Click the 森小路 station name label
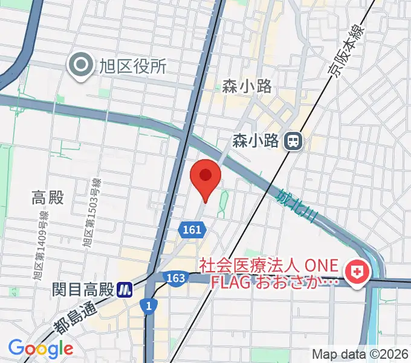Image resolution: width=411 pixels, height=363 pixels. [256, 142]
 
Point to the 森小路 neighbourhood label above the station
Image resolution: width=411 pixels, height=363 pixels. [247, 87]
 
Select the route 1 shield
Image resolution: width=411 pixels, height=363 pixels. [148, 306]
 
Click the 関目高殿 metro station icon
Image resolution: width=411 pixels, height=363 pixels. [125, 289]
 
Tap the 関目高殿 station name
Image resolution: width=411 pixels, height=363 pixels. [83, 289]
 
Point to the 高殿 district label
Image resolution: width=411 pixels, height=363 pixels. [48, 198]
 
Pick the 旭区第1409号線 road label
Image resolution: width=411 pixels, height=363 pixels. [42, 249]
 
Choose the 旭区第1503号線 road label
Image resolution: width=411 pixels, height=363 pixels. [90, 214]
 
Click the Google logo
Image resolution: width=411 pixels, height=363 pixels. [40, 348]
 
